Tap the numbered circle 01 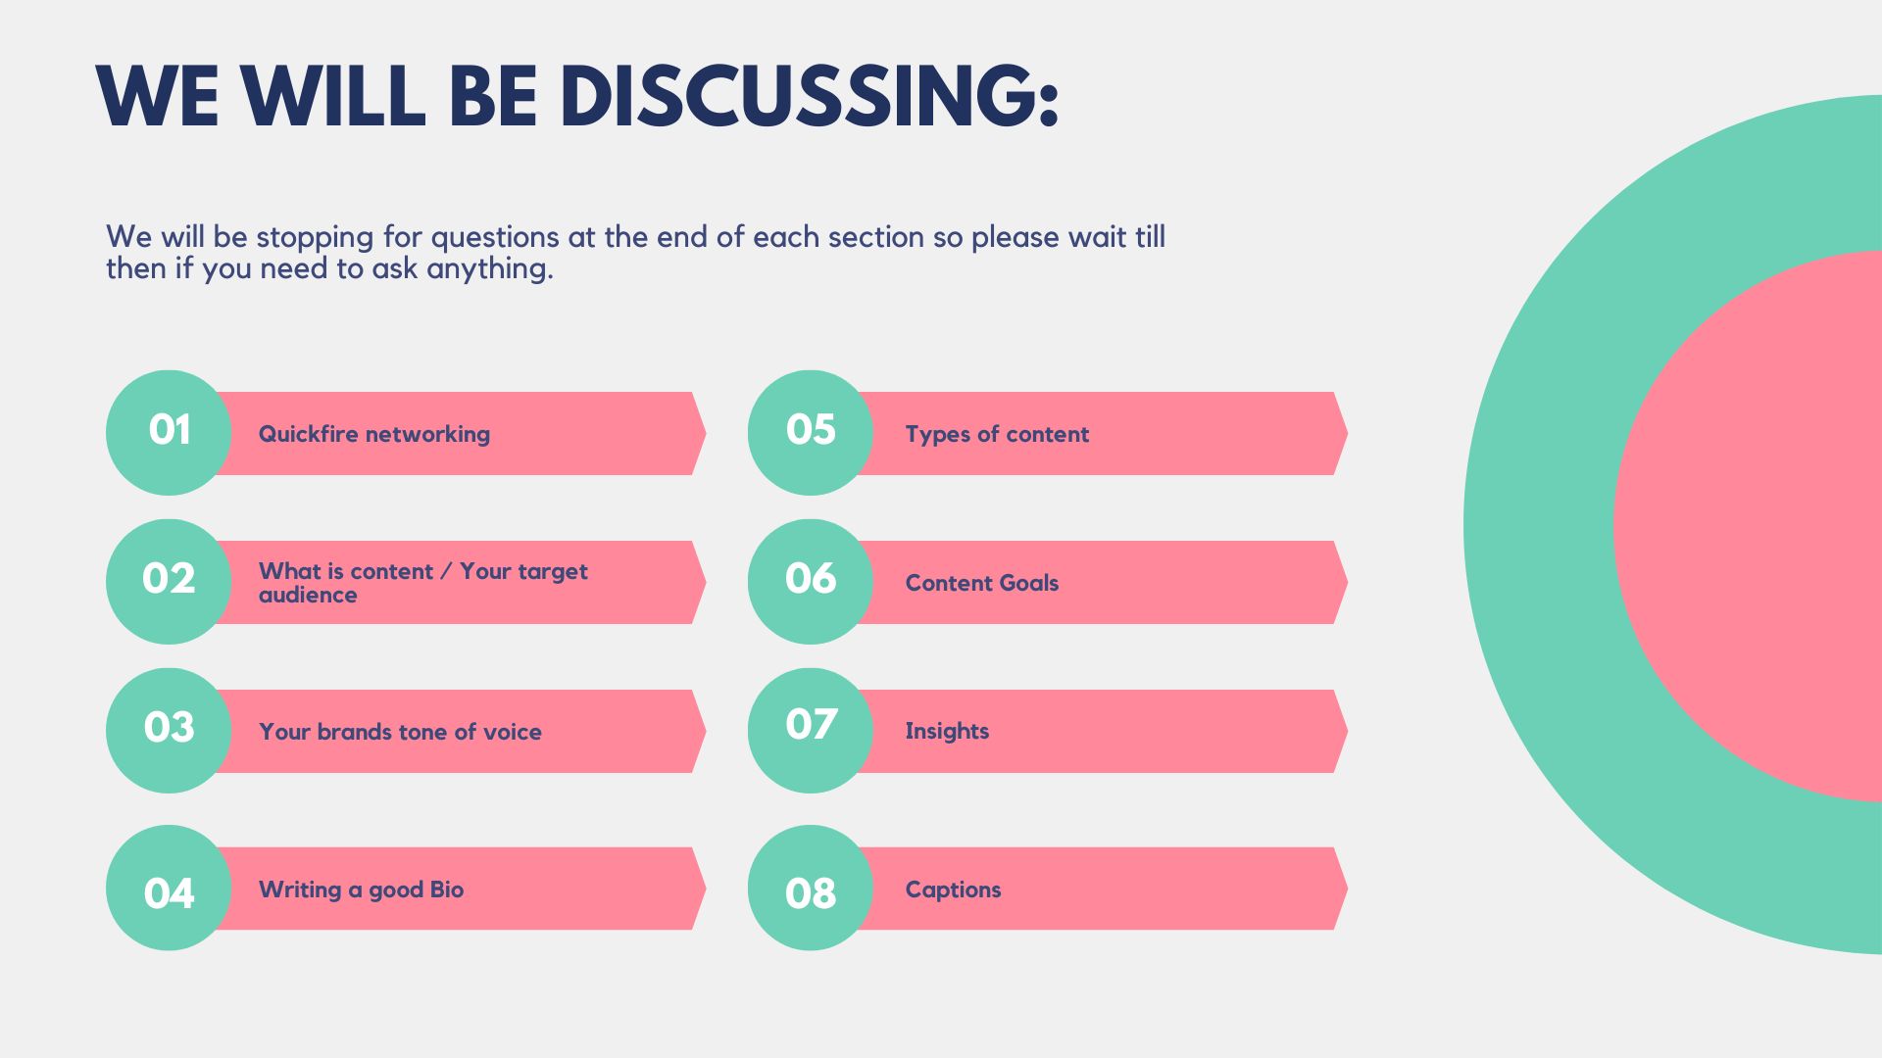(169, 432)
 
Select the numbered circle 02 (169, 581)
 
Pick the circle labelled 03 (169, 730)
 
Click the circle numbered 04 (169, 888)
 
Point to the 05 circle (811, 432)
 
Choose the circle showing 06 (811, 581)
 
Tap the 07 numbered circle (811, 730)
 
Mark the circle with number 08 (811, 888)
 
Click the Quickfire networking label (374, 434)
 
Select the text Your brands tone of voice (400, 732)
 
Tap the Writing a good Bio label (361, 890)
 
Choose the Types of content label (997, 434)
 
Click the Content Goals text (982, 583)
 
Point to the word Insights (947, 731)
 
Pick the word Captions (953, 890)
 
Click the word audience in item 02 (308, 595)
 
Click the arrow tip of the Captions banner (1347, 889)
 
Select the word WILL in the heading (333, 96)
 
